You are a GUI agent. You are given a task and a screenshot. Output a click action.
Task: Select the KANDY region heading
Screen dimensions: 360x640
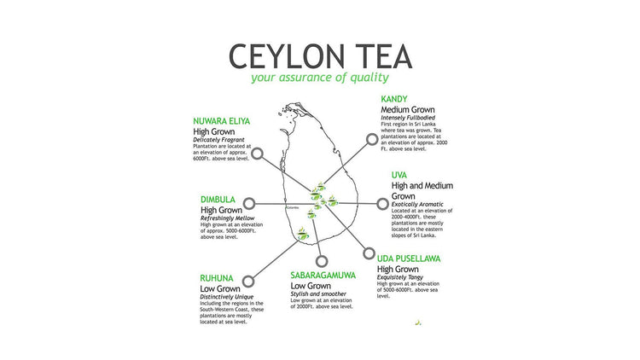(398, 100)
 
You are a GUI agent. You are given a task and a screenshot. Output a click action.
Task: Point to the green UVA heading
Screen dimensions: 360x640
(399, 174)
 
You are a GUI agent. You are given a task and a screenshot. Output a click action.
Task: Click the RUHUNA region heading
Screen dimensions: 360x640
(219, 278)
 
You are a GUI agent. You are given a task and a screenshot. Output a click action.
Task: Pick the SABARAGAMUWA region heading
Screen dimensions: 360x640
(323, 276)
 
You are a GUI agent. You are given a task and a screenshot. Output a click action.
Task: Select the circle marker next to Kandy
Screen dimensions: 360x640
(372, 138)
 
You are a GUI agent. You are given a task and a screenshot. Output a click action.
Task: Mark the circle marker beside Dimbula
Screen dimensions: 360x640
(249, 204)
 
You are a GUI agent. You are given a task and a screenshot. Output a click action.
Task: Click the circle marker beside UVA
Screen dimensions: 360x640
(382, 204)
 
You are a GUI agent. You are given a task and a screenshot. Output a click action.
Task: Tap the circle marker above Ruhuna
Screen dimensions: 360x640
(248, 279)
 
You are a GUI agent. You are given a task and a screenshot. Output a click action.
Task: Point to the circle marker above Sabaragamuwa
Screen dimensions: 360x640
(321, 261)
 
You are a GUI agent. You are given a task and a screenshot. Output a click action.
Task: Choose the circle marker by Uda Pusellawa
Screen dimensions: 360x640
(369, 253)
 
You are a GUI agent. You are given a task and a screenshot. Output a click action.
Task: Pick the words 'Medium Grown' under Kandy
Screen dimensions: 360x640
(408, 110)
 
